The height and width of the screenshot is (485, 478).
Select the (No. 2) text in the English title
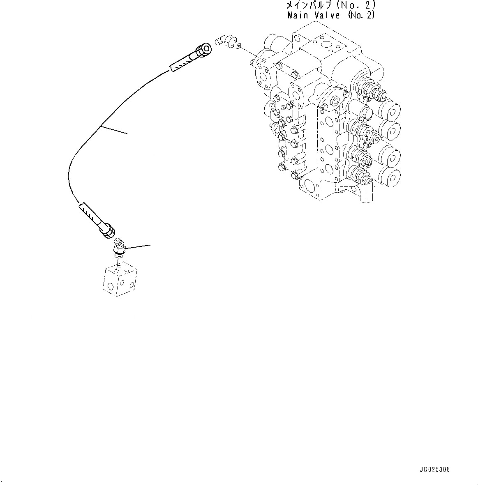(x=362, y=15)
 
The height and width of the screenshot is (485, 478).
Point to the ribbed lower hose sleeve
(x=90, y=212)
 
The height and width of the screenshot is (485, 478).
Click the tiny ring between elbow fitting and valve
(x=239, y=47)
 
